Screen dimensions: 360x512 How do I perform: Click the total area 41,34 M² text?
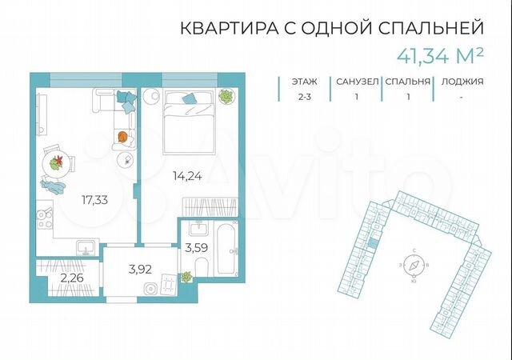442,55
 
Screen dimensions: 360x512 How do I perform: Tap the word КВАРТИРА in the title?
228,28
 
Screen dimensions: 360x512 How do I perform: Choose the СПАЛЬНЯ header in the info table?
407,81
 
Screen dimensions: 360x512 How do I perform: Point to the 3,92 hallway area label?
141,269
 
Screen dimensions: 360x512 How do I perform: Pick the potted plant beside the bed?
227,98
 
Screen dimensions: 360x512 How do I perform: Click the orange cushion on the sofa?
122,137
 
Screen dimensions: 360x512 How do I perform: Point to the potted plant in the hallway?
186,277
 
